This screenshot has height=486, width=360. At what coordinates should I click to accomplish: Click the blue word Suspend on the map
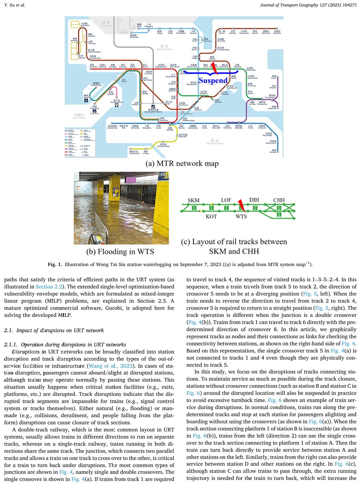click(213, 81)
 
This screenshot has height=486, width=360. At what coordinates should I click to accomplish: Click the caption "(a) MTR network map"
click(182, 164)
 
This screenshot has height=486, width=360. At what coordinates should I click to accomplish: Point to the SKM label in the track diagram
click(194, 200)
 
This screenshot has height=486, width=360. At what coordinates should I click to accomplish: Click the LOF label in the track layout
click(226, 200)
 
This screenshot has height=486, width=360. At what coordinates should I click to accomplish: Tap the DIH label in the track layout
click(254, 200)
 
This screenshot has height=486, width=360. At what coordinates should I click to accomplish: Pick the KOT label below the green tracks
click(211, 216)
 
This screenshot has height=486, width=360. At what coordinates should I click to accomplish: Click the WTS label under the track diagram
click(241, 216)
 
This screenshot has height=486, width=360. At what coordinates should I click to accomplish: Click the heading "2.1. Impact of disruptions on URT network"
click(54, 330)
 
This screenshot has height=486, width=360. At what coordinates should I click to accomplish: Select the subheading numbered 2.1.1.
click(65, 345)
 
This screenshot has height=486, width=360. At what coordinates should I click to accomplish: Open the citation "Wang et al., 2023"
click(110, 366)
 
